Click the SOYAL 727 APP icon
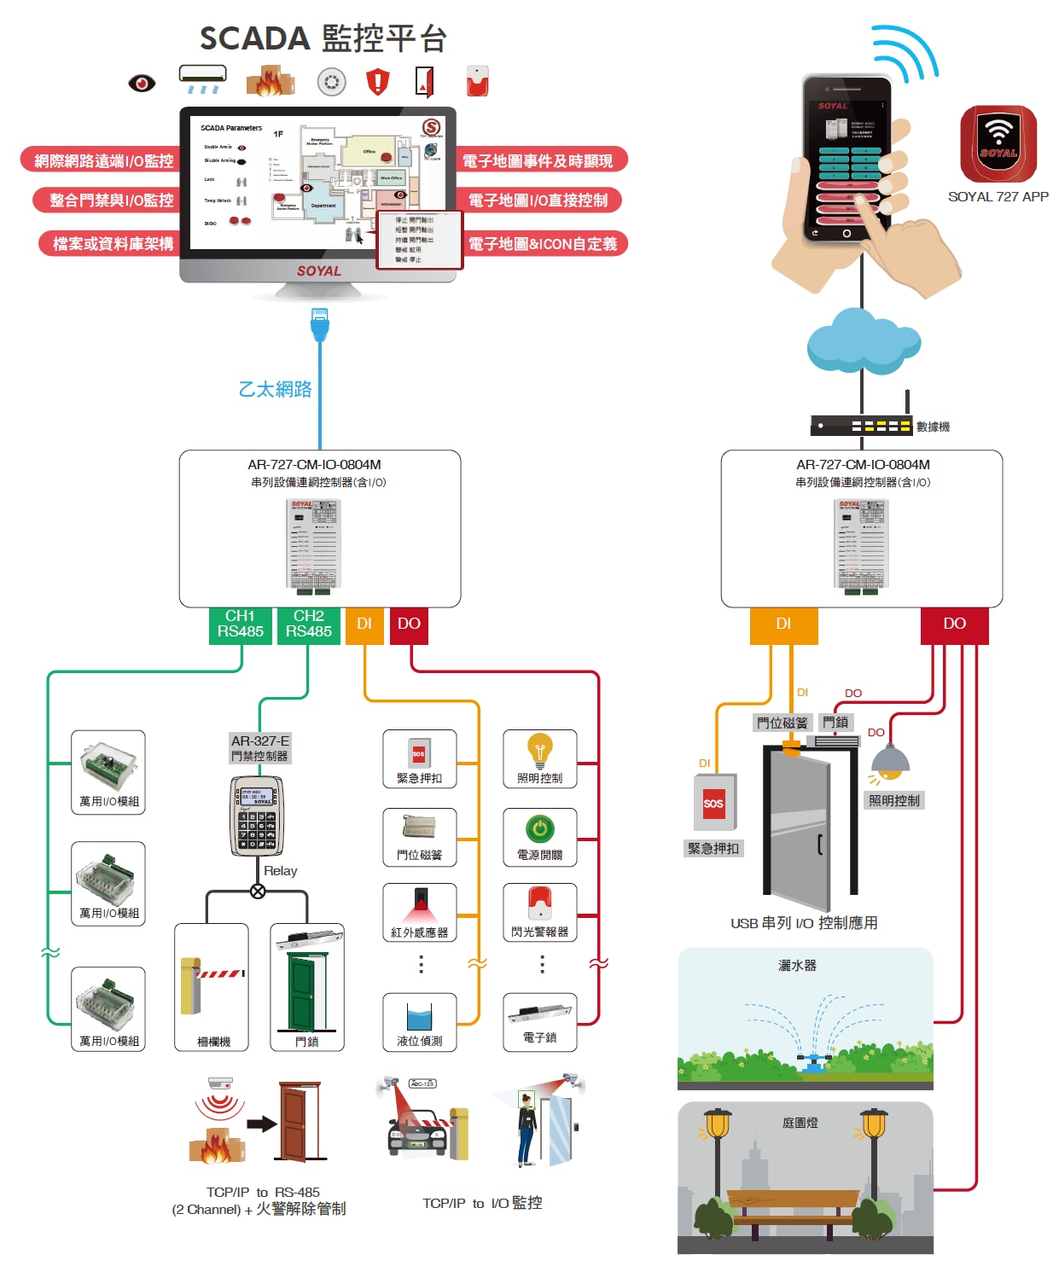coord(998,144)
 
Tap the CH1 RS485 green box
coord(240,624)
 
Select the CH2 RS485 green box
coord(308,624)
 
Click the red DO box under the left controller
coord(409,624)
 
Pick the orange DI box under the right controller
coord(783,624)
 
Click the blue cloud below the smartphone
coord(862,341)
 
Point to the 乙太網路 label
coord(275,390)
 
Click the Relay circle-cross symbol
coord(258,892)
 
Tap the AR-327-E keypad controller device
coord(257,816)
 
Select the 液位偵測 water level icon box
coord(420,1022)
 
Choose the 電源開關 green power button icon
coord(539,828)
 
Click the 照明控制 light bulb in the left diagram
coord(539,752)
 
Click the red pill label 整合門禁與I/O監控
coord(111,200)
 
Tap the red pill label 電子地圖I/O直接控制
coord(538,200)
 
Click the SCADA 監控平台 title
coord(323,39)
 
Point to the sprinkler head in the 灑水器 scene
coord(813,1062)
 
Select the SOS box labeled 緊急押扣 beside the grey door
coord(713,803)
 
